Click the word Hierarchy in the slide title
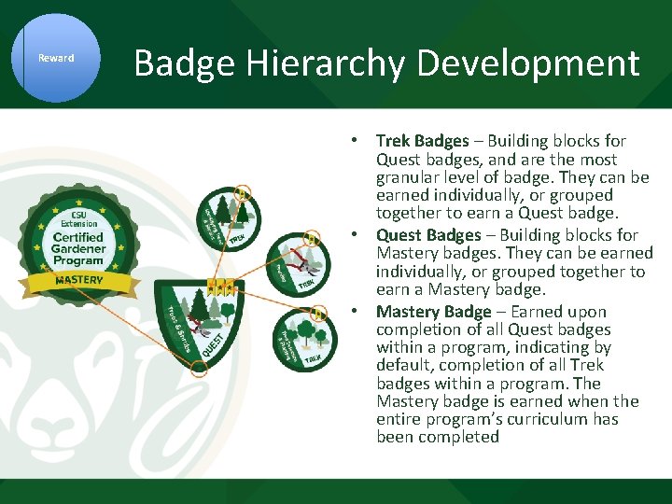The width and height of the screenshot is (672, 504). coord(317,63)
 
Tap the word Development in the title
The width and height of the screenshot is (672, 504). coord(528,63)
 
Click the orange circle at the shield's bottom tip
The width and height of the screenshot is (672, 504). coord(198,369)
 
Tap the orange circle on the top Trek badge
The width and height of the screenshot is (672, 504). coord(243,194)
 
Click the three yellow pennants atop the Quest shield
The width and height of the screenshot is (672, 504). coord(220,286)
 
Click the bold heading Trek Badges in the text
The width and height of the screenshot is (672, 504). coord(422,141)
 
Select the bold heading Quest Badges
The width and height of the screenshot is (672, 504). coord(428,235)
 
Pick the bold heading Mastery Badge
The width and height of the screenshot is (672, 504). coord(433,312)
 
